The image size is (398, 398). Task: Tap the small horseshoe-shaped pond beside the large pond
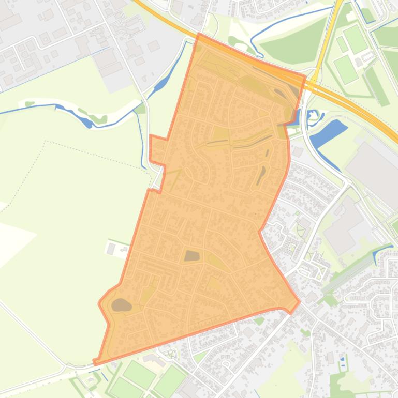click(x=313, y=118)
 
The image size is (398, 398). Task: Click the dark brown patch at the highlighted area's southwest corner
click(x=121, y=305)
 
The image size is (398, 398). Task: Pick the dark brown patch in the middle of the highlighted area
click(x=191, y=255)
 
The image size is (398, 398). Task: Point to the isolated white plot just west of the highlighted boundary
click(x=111, y=248)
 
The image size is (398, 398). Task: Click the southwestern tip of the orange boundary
click(x=95, y=362)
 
